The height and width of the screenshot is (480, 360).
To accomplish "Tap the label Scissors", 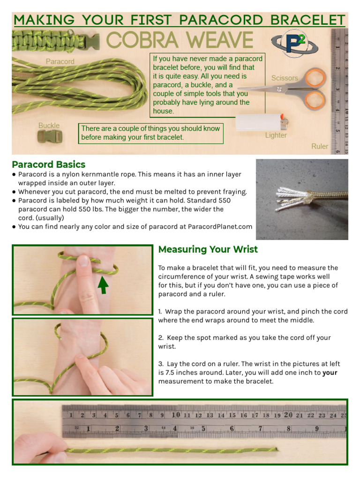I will coord(285,78).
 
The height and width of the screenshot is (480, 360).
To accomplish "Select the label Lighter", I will coord(276,135).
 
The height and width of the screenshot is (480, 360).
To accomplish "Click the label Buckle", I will coord(49,126).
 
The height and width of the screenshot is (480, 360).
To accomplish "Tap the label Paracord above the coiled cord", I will coord(60,61).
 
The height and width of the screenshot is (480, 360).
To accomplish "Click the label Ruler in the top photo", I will coord(320,146).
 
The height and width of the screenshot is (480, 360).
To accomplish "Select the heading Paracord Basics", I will coord(49,165).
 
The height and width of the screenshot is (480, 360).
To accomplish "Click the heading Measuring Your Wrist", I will coord(208,249).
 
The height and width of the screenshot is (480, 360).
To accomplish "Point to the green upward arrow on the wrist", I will coord(103,284).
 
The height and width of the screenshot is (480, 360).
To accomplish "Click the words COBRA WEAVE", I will coord(180,41).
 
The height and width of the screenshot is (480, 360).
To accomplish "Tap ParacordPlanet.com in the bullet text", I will coord(220,227).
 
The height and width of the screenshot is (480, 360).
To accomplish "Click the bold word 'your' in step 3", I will coord(330,373).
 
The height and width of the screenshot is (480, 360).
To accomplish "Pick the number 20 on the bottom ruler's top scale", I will coord(288,415).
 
